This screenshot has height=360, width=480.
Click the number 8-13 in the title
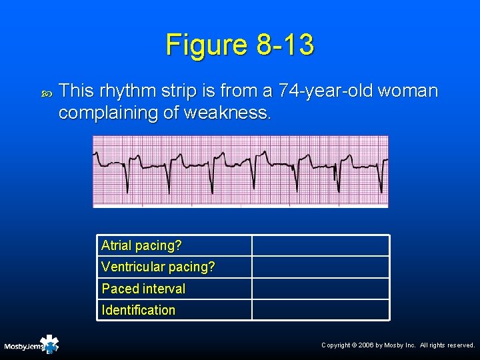coord(284,45)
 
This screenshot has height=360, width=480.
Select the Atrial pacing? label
coord(141,245)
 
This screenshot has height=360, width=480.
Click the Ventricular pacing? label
coord(158,267)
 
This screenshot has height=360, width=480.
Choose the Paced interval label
coord(143,289)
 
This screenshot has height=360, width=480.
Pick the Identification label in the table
coord(138,310)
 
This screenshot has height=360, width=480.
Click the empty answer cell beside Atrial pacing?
coord(320,245)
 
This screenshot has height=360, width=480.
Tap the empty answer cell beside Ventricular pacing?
coord(320,267)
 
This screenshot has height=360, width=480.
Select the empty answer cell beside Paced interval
coord(320,289)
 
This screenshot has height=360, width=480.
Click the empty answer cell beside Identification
coord(320,310)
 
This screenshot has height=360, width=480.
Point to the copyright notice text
coord(398,345)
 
